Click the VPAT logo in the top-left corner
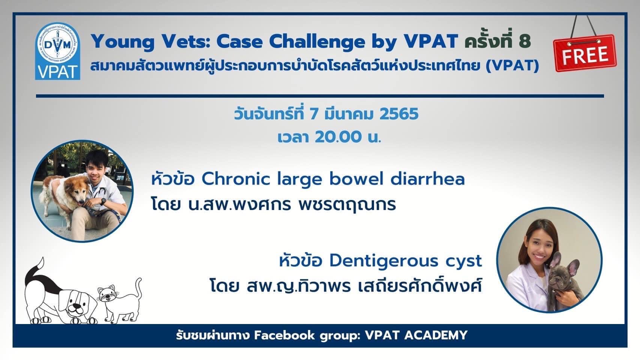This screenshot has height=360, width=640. pyautogui.click(x=58, y=51)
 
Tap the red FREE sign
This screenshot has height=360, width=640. pyautogui.click(x=585, y=53)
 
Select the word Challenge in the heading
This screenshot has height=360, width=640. pyautogui.click(x=317, y=42)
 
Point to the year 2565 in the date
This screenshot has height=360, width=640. pyautogui.click(x=399, y=114)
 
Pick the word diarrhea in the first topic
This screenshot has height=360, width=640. pyautogui.click(x=427, y=179)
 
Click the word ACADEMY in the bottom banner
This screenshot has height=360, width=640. pyautogui.click(x=436, y=335)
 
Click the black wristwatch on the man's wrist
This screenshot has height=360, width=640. pyautogui.click(x=103, y=201)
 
